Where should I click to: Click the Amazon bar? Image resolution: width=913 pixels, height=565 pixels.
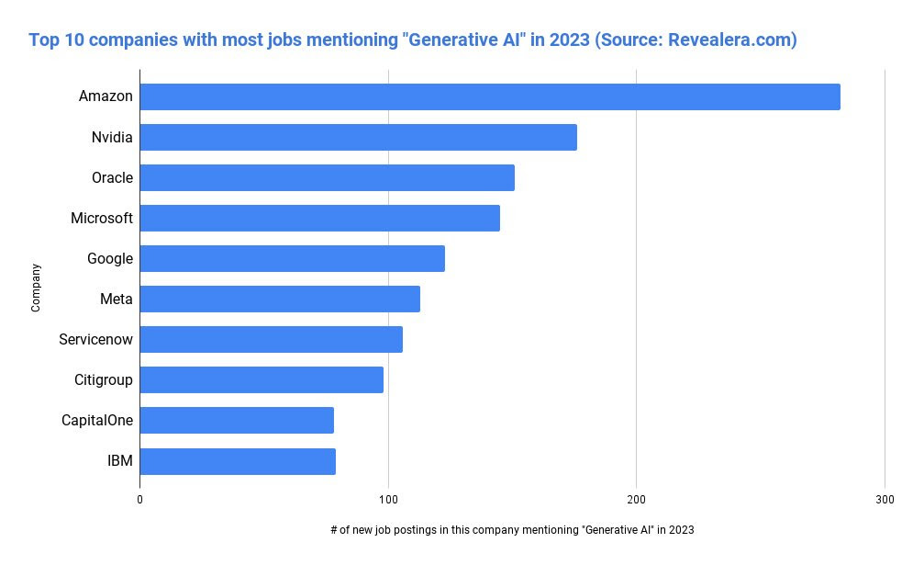[490, 96]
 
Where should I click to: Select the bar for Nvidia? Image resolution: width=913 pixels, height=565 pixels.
[359, 137]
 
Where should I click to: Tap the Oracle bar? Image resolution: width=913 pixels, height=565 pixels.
[328, 178]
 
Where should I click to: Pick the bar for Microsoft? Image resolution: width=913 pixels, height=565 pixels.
[319, 218]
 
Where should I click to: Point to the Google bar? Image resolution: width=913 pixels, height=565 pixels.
[293, 258]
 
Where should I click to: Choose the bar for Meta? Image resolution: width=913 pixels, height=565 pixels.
[280, 299]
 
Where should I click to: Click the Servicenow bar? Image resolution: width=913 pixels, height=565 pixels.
[272, 339]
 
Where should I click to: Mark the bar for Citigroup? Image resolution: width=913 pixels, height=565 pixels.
[262, 379]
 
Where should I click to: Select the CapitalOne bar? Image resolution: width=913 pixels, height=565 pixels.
[237, 421]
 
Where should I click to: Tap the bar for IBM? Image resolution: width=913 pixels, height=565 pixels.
[238, 461]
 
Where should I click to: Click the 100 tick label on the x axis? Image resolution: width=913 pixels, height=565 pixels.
[388, 500]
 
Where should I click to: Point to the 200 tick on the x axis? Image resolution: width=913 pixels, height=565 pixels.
[637, 500]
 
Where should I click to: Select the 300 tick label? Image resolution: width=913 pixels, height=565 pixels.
[885, 500]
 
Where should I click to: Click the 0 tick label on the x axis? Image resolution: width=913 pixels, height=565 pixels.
[139, 500]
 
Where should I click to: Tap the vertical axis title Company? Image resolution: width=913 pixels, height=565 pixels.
[36, 288]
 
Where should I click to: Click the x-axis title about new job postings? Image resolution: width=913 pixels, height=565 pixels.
[512, 530]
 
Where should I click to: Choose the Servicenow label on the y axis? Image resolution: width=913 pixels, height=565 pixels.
[96, 339]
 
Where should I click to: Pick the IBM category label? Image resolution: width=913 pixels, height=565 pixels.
[120, 460]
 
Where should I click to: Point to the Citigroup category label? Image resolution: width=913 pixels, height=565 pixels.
[104, 380]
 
